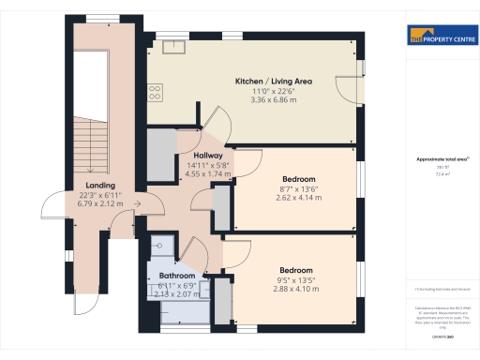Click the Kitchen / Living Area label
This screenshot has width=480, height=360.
coord(273,82)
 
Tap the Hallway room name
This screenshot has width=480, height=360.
coord(207,156)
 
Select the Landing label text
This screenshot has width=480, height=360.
coord(100,186)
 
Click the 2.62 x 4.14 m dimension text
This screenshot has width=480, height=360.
coord(298,197)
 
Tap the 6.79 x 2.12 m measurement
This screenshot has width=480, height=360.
coord(100,203)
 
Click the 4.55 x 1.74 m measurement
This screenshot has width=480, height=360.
coord(207,173)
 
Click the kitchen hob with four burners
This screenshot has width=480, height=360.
coord(155,92)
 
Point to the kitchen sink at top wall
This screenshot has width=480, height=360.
coord(178,43)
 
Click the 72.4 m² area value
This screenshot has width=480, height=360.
coord(442,174)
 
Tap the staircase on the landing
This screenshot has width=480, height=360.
coord(92,122)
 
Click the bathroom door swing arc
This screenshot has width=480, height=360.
coord(194,251)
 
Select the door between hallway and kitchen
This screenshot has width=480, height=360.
coord(216,127)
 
